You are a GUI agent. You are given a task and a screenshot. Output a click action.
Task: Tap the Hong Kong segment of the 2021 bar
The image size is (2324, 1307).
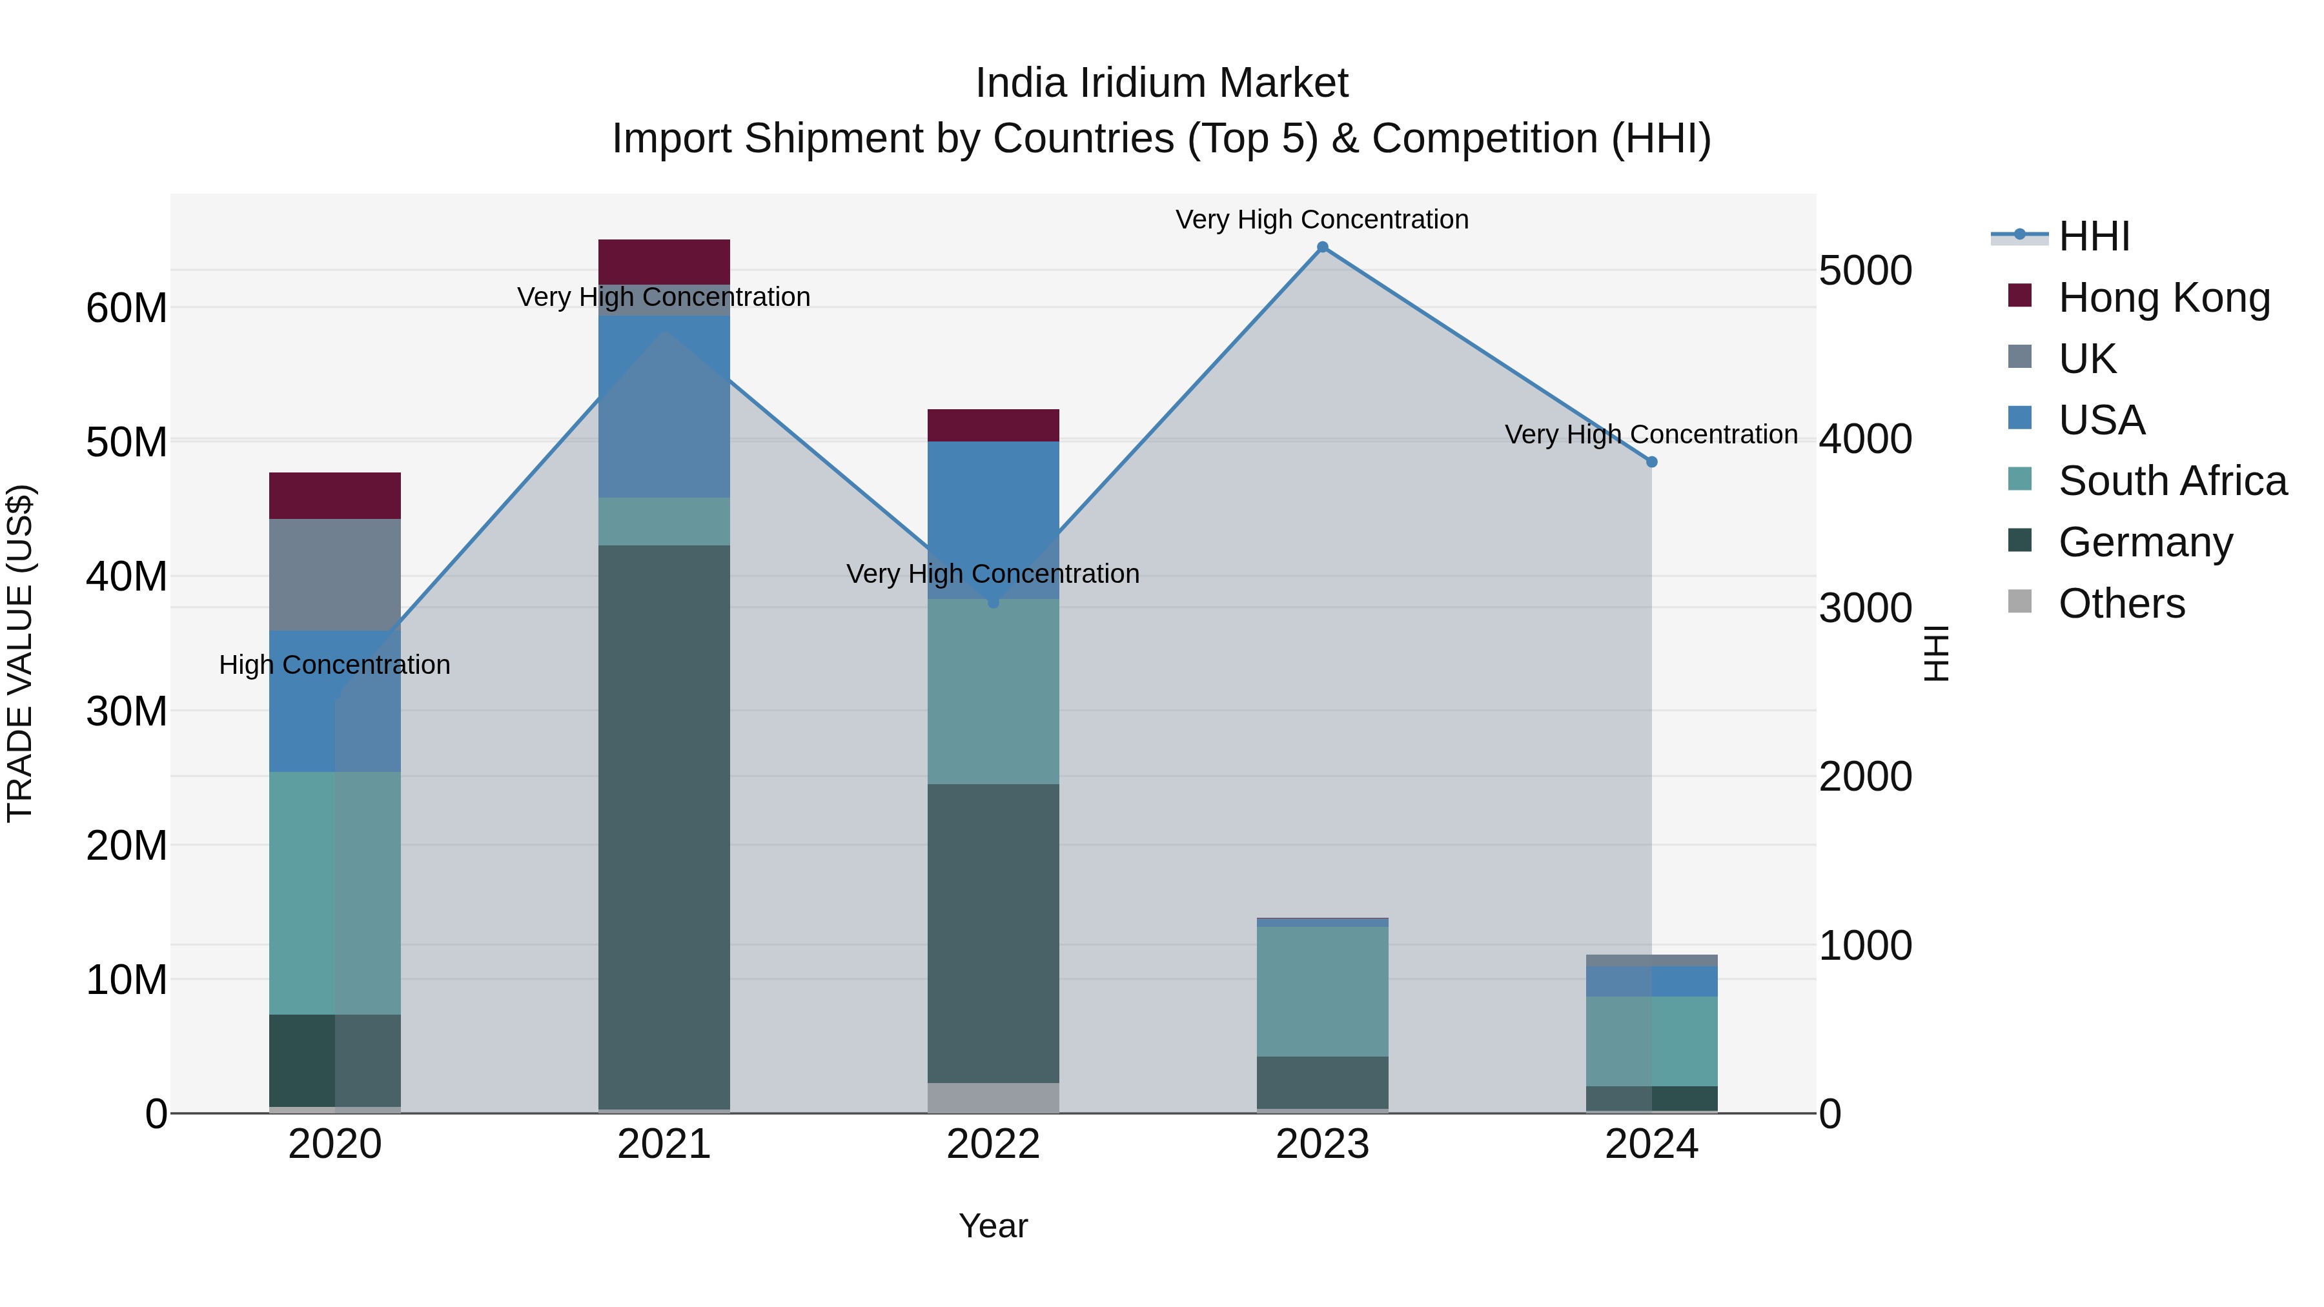click(x=664, y=261)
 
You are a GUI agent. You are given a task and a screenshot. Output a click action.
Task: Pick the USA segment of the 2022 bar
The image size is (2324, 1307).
click(x=994, y=519)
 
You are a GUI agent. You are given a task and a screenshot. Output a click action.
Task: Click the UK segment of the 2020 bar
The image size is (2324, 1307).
click(x=334, y=574)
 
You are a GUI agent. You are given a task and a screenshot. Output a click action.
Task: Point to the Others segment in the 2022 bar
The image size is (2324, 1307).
click(x=994, y=1097)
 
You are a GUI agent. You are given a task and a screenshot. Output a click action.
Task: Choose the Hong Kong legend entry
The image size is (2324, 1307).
click(x=2163, y=298)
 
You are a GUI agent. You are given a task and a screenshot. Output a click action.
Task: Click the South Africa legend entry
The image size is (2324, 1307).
click(x=2172, y=481)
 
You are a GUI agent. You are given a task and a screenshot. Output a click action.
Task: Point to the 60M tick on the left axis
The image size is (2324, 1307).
click(x=127, y=309)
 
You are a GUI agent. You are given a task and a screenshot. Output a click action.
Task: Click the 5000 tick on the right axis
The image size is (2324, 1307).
click(x=1865, y=270)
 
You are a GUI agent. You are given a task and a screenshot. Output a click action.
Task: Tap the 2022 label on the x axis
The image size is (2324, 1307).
click(x=994, y=1144)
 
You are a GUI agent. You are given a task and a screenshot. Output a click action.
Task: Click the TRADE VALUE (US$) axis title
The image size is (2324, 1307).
click(x=20, y=653)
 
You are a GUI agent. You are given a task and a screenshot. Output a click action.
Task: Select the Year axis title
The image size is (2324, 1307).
click(x=994, y=1226)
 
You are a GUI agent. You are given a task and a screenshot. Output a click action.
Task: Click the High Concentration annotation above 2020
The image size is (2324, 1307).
click(x=334, y=665)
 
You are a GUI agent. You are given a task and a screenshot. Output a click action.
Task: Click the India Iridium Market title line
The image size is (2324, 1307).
click(x=1161, y=83)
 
